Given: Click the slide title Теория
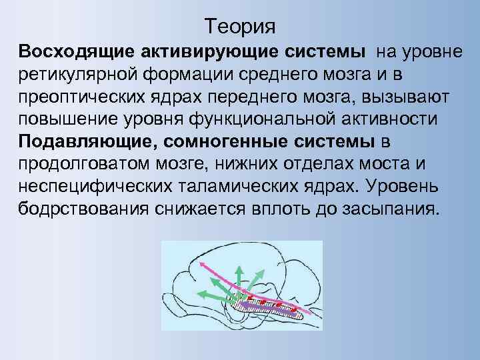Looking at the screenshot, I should [x=240, y=27].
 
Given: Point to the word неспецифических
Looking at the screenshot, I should [x=93, y=188].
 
